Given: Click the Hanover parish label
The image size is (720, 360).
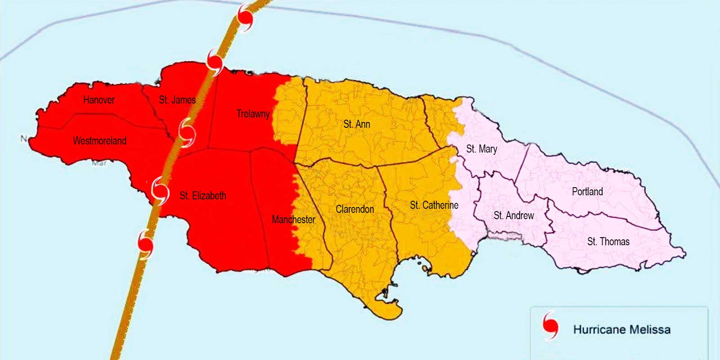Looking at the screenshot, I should tap(99, 100).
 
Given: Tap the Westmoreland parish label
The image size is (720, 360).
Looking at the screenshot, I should tap(99, 141).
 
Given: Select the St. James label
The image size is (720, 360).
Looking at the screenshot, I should tap(177, 100).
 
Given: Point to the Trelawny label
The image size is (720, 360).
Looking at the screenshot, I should tap(253, 114).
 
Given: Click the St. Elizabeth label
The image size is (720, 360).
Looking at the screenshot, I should tap(202, 196).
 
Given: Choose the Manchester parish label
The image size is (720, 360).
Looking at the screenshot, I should tap(293, 220).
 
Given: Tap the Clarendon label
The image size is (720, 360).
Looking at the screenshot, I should tap(355, 209).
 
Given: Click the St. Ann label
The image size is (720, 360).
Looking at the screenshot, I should tap(356, 124).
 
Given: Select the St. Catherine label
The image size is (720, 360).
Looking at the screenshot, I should tap(434, 205).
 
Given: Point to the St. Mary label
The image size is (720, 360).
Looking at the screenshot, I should tap(481, 149).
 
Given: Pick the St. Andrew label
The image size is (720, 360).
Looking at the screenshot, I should tap(513, 216).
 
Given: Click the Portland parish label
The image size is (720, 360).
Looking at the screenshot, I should tap(587, 192).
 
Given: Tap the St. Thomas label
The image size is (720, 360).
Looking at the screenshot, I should tap(608, 242).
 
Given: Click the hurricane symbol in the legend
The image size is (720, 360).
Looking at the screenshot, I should tap(550, 325).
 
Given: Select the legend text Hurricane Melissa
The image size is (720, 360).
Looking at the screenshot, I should tap(621, 330).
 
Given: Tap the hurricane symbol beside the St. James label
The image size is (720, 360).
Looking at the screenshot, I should tap(187, 132).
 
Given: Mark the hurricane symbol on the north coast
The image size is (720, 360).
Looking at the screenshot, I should tap(215, 63).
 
